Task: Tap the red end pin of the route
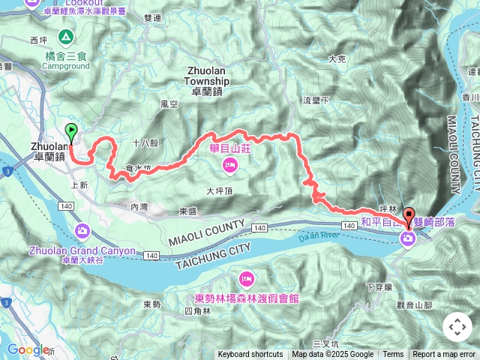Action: pos(409,216)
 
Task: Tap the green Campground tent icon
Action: pos(65,36)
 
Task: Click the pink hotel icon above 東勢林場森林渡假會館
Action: pos(246,280)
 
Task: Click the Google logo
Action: pos(28,349)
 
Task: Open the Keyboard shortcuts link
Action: pos(250,355)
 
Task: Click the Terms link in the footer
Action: pos(393,355)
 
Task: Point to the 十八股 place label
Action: pos(144,142)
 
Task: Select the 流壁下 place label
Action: pos(316,100)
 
